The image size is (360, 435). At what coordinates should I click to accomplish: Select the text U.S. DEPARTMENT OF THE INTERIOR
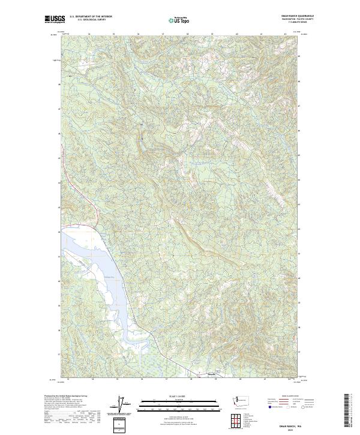91,17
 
